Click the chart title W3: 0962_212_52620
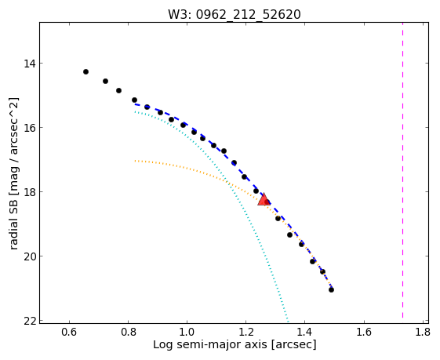pos(235,15)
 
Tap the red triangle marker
pos(264,200)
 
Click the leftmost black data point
pos(85,72)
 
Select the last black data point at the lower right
pos(332,290)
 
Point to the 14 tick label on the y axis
pos(30,64)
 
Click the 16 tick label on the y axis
pos(30,127)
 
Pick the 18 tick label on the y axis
pos(30,192)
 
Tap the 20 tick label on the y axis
pos(30,256)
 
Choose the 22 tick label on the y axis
pos(30,321)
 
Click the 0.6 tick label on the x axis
pos(69,333)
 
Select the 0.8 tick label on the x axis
pos(129,333)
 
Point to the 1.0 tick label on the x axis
pos(187,333)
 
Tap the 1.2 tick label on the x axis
pos(246,333)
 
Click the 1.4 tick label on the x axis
pos(305,333)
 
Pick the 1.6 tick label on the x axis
pos(364,333)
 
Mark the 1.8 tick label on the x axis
pos(423,333)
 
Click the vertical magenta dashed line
pos(402,170)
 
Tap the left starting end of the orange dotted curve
pos(135,161)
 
